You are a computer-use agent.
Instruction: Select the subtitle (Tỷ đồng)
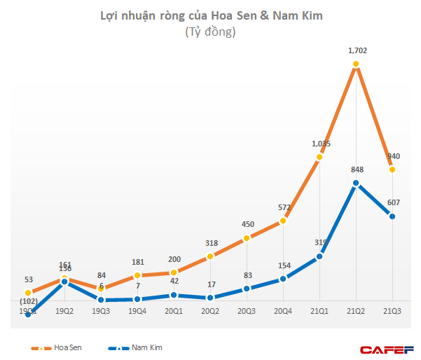tap(210, 32)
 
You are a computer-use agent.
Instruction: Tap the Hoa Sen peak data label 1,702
tap(357, 50)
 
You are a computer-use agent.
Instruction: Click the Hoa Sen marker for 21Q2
tap(357, 64)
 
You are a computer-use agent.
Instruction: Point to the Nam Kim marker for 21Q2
tap(357, 184)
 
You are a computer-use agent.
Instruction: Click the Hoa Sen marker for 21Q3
tap(393, 169)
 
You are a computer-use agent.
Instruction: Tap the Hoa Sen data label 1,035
tap(320, 144)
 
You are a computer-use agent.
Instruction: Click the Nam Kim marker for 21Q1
tap(319, 256)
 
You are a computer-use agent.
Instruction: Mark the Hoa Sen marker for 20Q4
tap(283, 221)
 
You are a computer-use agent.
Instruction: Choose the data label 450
tap(247, 224)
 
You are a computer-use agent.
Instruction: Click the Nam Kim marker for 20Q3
tap(247, 288)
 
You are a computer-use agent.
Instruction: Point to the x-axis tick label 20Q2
tap(210, 310)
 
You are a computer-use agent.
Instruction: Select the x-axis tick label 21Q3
tap(393, 310)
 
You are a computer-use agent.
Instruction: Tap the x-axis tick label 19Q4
tap(137, 310)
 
